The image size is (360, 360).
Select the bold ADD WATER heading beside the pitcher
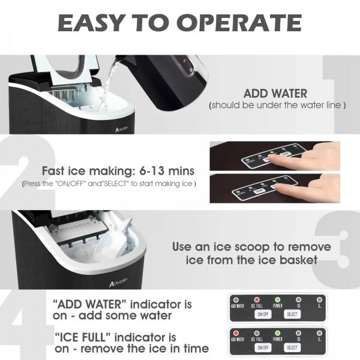[x=275, y=94]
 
